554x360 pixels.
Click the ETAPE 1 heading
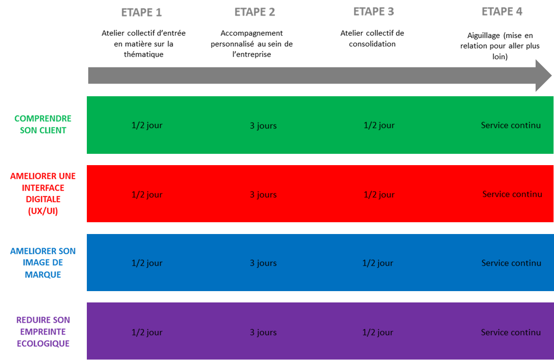(141, 12)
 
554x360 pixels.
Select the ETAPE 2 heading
(255, 12)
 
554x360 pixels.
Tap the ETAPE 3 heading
(373, 12)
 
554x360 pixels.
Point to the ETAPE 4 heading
(502, 12)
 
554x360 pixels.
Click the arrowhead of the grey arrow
(544, 75)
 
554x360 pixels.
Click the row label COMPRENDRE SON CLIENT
(43, 125)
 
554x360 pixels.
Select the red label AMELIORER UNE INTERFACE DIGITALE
(43, 193)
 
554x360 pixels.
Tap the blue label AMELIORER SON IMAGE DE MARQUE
(43, 262)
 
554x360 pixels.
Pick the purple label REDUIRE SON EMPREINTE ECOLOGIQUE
(43, 331)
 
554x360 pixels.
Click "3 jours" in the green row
(263, 126)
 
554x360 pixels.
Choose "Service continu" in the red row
(512, 194)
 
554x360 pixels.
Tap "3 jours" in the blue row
(263, 263)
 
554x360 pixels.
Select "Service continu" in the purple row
(511, 332)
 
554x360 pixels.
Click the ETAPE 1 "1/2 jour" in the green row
(147, 126)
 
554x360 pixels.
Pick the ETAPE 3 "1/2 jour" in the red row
(379, 195)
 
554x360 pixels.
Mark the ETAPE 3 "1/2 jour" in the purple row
(378, 333)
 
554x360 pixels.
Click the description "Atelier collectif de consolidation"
(372, 39)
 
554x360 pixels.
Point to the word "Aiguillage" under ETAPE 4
(484, 36)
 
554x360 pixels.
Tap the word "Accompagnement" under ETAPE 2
(252, 33)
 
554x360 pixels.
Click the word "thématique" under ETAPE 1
(143, 54)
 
